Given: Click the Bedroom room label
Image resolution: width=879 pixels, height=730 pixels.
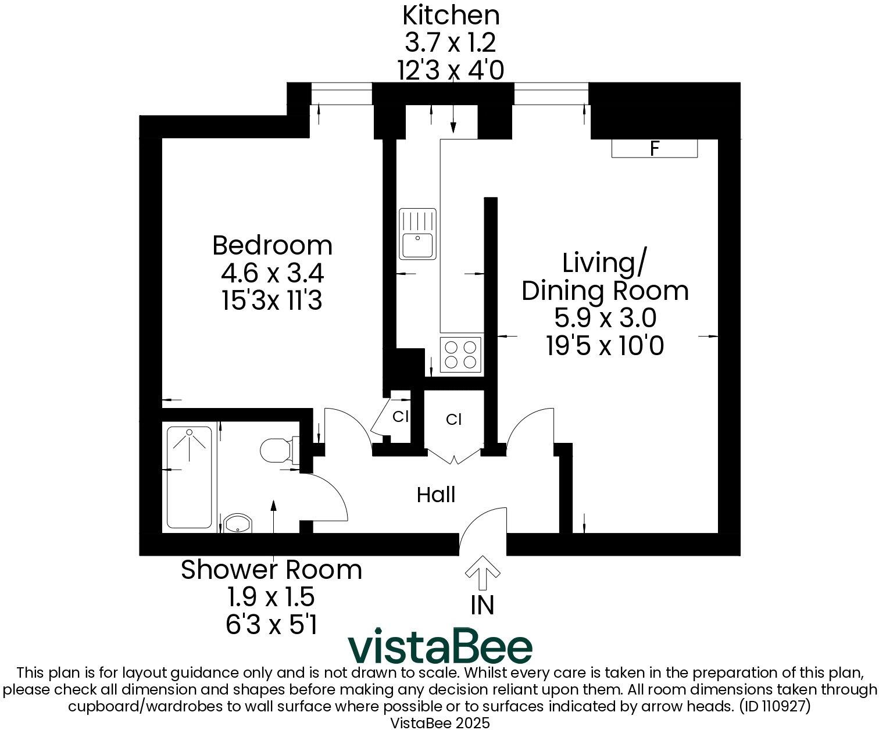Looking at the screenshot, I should (272, 245).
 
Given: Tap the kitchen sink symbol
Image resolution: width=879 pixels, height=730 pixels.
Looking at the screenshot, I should (417, 234).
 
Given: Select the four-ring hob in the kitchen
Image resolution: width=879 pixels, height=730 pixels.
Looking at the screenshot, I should (461, 355).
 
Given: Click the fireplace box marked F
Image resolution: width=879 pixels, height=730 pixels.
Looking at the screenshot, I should (654, 149).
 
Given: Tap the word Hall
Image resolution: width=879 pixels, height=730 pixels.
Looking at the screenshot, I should (436, 495).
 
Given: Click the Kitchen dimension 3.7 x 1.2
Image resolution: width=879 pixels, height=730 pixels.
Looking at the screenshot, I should (451, 42).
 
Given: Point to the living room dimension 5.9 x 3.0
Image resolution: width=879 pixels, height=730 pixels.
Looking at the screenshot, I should (605, 318).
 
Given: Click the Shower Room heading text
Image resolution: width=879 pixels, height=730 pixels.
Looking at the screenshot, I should (271, 570).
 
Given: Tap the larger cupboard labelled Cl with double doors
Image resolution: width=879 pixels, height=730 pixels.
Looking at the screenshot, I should (454, 420).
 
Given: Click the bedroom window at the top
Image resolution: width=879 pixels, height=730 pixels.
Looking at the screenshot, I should (341, 94).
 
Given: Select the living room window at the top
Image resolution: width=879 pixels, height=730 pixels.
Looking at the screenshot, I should (551, 94).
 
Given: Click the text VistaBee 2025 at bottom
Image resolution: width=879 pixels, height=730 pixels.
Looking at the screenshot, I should (440, 723).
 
